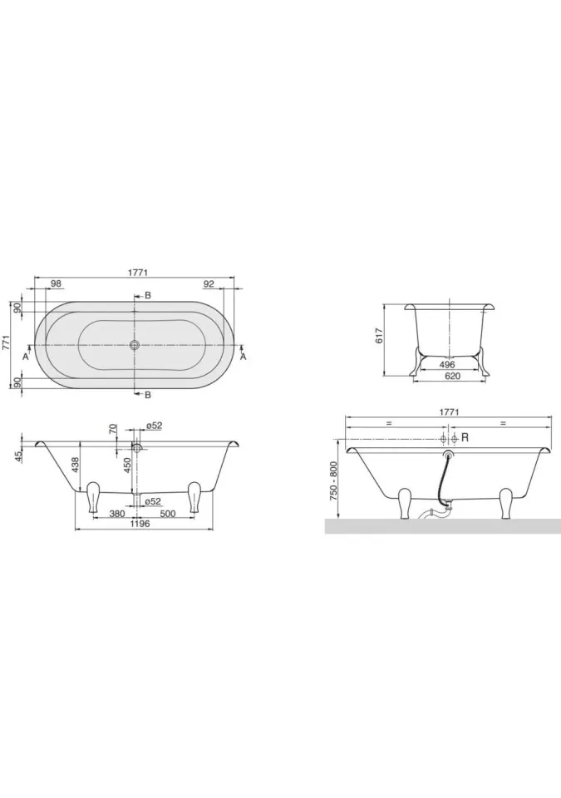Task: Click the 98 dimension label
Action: pyautogui.click(x=56, y=284)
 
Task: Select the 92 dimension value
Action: pyautogui.click(x=209, y=284)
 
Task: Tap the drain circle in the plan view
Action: pyautogui.click(x=135, y=345)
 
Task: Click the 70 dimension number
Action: pyautogui.click(x=113, y=429)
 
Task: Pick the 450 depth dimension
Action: pyautogui.click(x=128, y=465)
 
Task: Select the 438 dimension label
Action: pyautogui.click(x=75, y=465)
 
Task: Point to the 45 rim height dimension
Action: pyautogui.click(x=19, y=456)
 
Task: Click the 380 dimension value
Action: pyautogui.click(x=117, y=514)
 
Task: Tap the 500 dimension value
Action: pyautogui.click(x=168, y=514)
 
